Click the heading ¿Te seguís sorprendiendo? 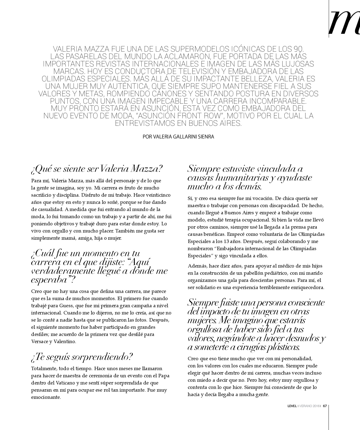(82, 357)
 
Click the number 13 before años (227, 241)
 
